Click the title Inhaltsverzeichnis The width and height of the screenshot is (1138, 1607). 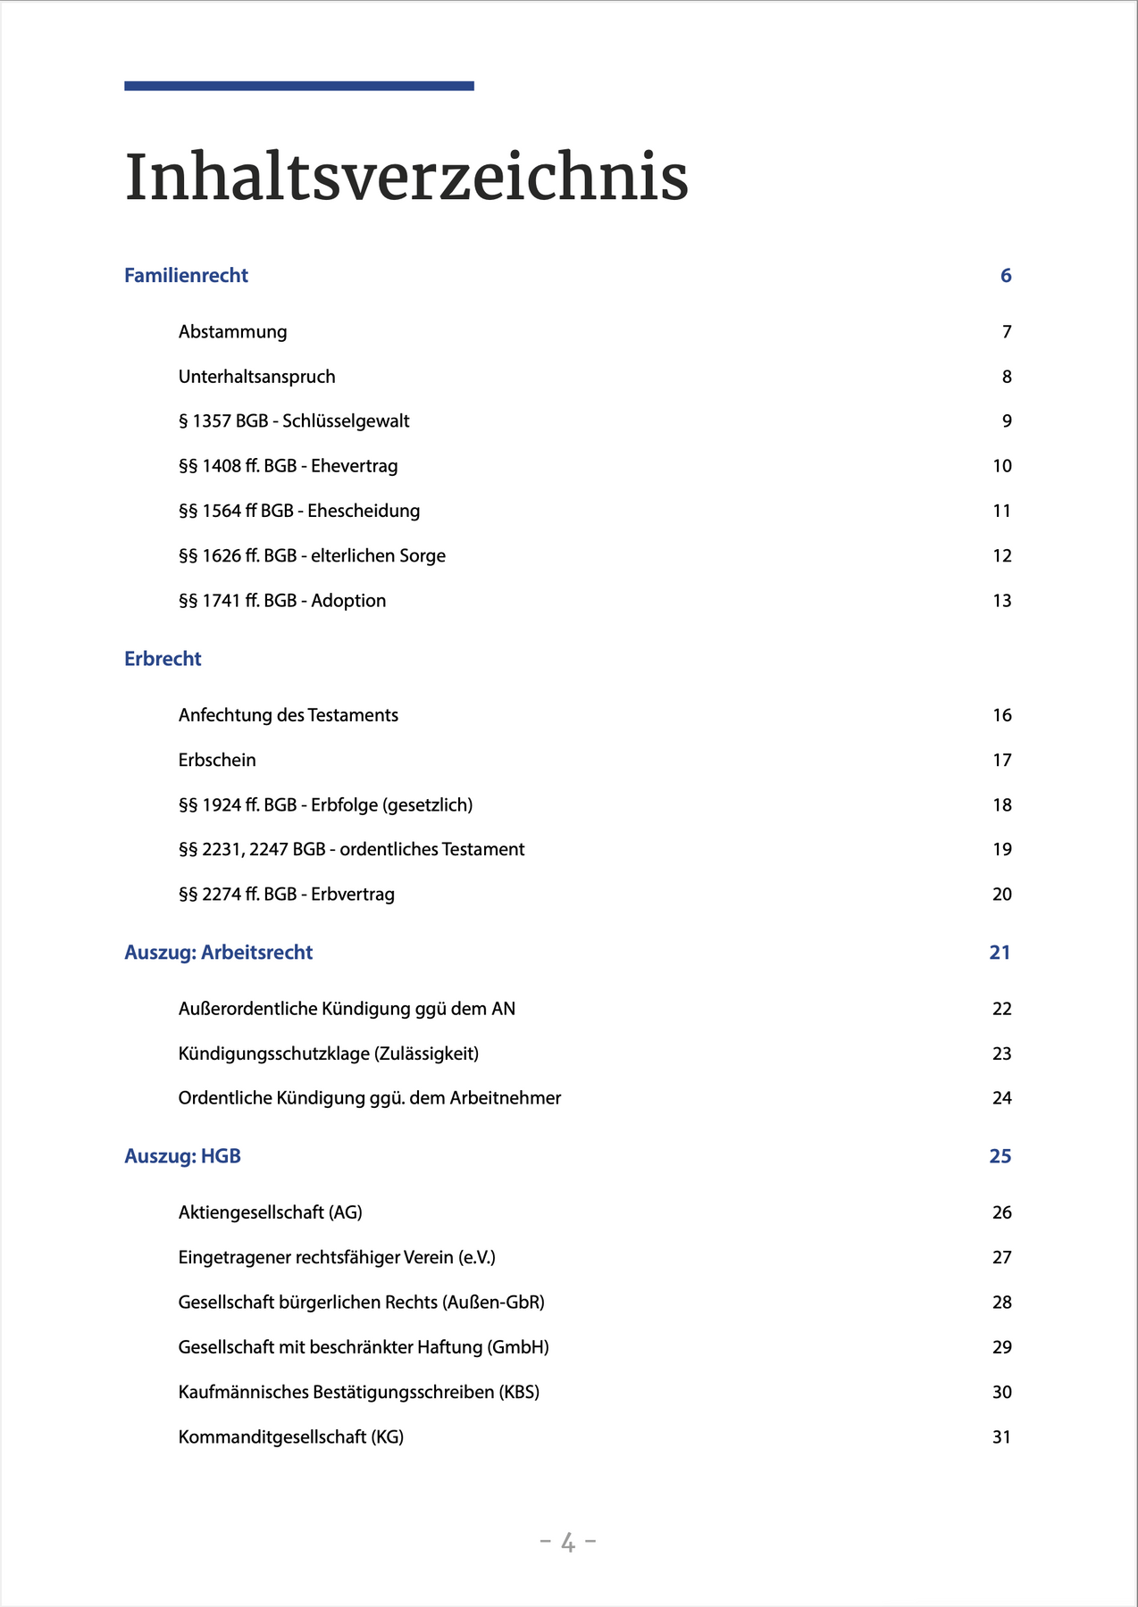click(406, 179)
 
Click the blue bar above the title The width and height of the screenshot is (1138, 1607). click(298, 86)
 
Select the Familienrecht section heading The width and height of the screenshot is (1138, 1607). click(186, 276)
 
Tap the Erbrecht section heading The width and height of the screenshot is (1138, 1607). click(163, 659)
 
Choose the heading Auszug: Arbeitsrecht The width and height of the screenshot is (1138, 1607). click(218, 953)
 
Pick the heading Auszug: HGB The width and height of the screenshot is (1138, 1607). click(182, 1156)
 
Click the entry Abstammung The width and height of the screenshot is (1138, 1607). click(232, 332)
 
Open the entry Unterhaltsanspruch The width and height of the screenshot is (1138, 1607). click(256, 377)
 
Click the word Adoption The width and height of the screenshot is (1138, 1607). click(348, 601)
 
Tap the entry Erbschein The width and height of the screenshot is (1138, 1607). click(217, 760)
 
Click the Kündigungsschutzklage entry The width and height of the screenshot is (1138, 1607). click(328, 1053)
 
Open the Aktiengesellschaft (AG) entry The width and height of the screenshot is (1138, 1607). click(270, 1212)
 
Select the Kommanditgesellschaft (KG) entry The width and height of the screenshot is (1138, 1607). click(290, 1436)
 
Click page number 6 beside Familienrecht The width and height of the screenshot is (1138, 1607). click(1006, 276)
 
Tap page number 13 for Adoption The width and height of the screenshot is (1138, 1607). click(1001, 601)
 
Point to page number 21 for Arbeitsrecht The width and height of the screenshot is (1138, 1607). click(1000, 953)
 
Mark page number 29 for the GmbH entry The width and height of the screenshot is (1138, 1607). click(1001, 1347)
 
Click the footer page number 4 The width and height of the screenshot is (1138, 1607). click(568, 1542)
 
